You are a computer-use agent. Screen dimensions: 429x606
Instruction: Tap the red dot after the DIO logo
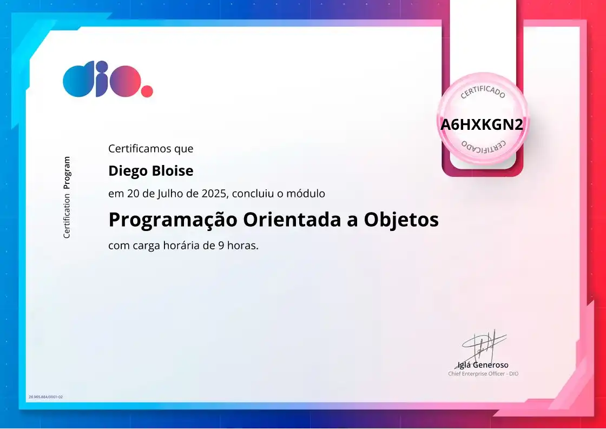point(147,91)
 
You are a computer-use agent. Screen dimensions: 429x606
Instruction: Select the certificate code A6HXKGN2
point(482,125)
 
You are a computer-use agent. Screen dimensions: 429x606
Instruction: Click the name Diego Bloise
point(150,171)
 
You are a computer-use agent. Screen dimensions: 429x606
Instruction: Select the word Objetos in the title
point(401,220)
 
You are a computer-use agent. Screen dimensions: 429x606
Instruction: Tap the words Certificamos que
point(150,148)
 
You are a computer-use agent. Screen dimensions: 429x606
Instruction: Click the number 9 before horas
point(221,246)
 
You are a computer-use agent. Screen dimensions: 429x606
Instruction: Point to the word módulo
point(307,193)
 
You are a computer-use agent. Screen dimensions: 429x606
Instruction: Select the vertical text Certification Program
point(67,197)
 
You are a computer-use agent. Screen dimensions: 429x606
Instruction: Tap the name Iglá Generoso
point(483,365)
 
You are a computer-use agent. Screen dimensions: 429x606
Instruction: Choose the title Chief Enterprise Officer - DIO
point(483,374)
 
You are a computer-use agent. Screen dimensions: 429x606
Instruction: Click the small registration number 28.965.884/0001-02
point(45,397)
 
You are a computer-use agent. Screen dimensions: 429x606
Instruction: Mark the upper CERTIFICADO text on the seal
point(483,93)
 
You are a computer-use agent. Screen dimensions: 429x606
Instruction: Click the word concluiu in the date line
point(251,193)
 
